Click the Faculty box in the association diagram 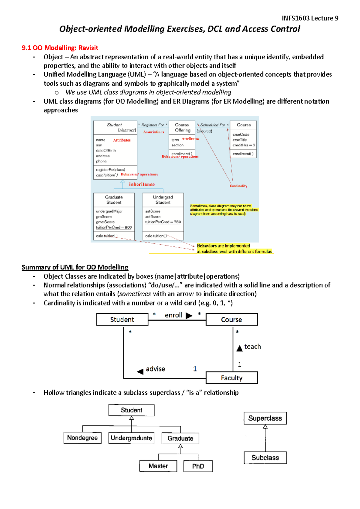(232, 378)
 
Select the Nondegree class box (82, 438)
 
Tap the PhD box (198, 466)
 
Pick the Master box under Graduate (158, 466)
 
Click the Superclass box (265, 418)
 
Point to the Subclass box (265, 458)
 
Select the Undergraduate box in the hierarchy (131, 438)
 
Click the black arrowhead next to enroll (189, 316)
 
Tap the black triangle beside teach (239, 348)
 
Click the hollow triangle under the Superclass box (265, 427)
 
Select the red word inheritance (142, 184)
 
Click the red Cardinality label (238, 186)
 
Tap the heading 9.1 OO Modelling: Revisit (60, 48)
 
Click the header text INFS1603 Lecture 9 (310, 18)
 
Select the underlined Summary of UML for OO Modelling (75, 267)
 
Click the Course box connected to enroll (232, 320)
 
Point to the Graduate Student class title (114, 200)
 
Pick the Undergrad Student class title (163, 200)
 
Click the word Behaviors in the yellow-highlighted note (207, 246)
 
